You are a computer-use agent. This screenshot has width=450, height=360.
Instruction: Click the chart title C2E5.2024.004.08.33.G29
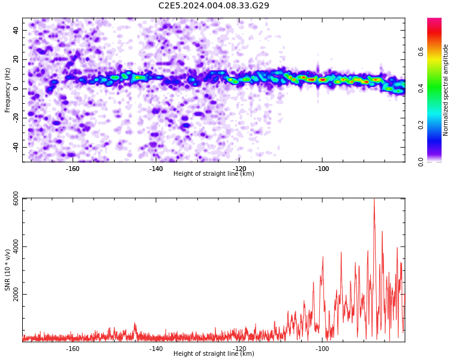pyautogui.click(x=214, y=6)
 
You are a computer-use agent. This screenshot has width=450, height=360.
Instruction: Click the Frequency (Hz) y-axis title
pyautogui.click(x=8, y=90)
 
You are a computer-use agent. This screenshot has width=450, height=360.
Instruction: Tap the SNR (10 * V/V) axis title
pyautogui.click(x=8, y=270)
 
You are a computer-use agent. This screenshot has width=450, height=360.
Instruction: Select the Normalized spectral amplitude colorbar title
pyautogui.click(x=446, y=90)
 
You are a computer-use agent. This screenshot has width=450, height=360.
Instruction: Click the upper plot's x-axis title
pyautogui.click(x=214, y=173)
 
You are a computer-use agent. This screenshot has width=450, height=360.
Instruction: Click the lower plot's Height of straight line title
pyautogui.click(x=214, y=353)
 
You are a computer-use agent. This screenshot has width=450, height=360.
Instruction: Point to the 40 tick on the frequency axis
pyautogui.click(x=16, y=30)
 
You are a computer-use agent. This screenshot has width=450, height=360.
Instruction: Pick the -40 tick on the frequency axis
pyautogui.click(x=14, y=147)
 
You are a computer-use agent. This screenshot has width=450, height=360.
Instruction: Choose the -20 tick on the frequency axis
pyautogui.click(x=14, y=118)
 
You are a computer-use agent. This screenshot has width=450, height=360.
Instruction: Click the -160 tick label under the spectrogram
pyautogui.click(x=73, y=168)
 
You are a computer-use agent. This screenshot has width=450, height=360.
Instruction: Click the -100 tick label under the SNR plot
pyautogui.click(x=322, y=348)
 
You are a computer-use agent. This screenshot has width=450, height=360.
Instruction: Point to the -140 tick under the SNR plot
pyautogui.click(x=156, y=348)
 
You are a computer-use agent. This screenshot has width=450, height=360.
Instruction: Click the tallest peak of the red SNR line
pyautogui.click(x=374, y=200)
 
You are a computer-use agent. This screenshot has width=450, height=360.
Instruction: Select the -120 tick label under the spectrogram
pyautogui.click(x=239, y=168)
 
